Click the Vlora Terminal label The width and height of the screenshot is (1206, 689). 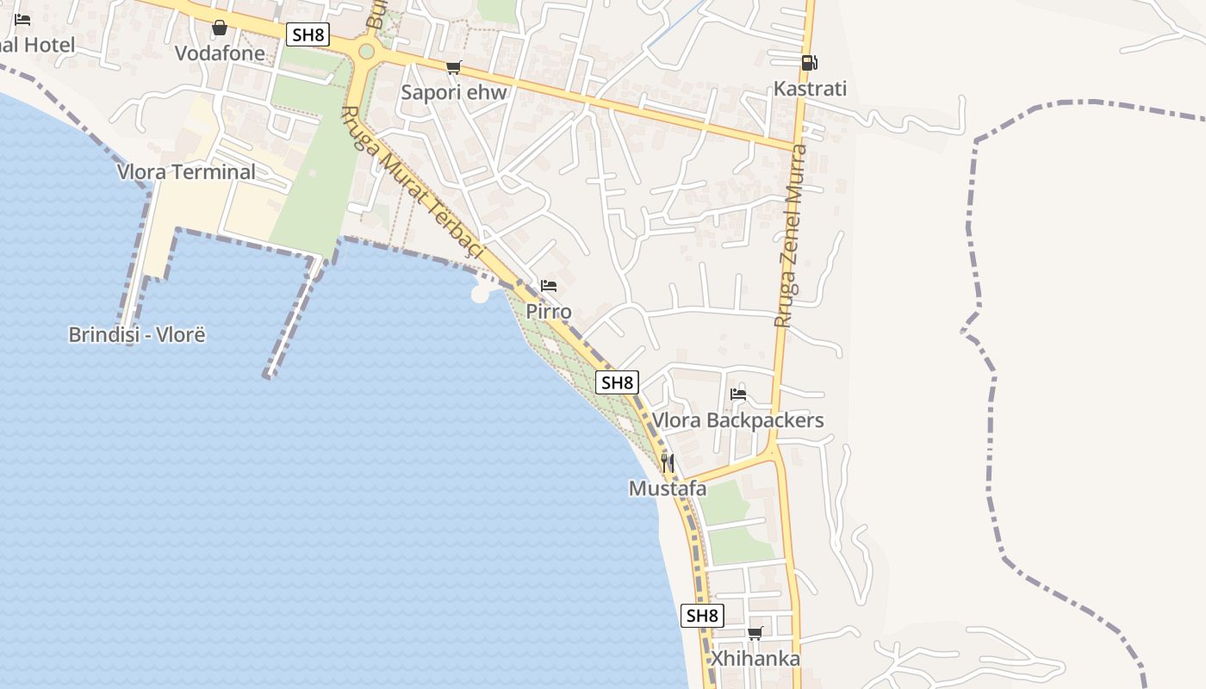pos(186,171)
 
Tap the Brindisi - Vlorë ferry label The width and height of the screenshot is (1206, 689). pos(137,334)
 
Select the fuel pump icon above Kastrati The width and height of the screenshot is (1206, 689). pos(809,63)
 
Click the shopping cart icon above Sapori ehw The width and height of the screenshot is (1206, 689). pos(454,68)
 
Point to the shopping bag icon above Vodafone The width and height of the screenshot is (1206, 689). pos(220,28)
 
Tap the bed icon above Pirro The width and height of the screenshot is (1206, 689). pos(549,286)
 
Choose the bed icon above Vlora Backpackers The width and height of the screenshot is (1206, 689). pos(738,395)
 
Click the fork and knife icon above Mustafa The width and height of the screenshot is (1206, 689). pos(668,463)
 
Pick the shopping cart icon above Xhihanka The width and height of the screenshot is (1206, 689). pos(755,634)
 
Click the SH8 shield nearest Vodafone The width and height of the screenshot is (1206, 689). pos(308,34)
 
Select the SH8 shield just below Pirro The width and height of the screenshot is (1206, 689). pos(618,382)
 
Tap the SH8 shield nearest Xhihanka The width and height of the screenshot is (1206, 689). pos(702,616)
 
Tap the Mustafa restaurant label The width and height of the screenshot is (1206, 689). pos(668,489)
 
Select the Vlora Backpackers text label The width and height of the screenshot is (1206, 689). pos(737,420)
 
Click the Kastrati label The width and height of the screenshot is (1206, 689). pos(810,89)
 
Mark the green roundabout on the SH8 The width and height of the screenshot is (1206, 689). pos(367,52)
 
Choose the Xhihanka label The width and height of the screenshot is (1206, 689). pos(755,659)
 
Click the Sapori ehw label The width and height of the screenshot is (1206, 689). pos(454,93)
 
